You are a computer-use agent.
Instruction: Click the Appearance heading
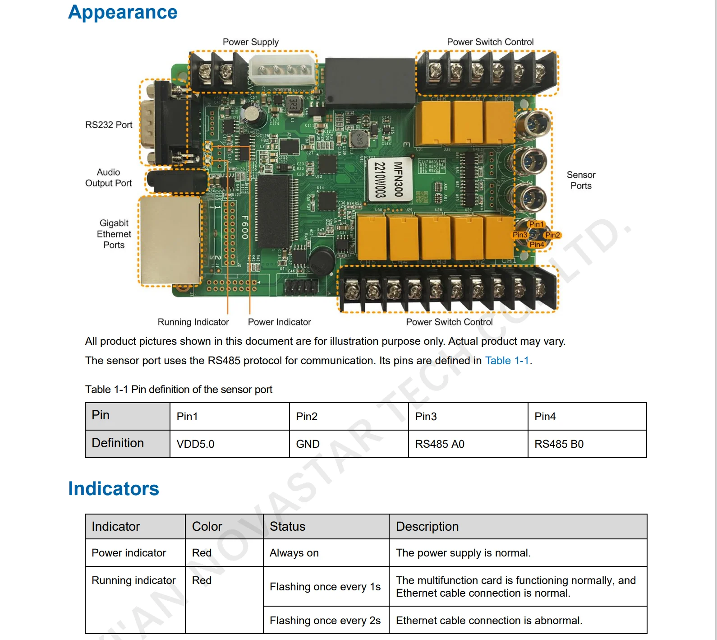[123, 12]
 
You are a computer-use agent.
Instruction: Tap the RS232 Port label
[109, 125]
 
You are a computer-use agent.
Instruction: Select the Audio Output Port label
[108, 178]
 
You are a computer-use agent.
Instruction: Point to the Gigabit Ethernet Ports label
[114, 234]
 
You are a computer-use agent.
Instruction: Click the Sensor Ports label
[581, 180]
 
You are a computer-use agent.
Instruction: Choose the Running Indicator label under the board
[193, 322]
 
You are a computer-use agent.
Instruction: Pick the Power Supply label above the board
[250, 42]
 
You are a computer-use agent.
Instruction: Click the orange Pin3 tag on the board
[519, 235]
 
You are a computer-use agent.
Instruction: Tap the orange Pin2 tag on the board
[552, 235]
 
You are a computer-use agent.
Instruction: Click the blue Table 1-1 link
[507, 361]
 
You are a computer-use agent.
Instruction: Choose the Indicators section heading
[114, 489]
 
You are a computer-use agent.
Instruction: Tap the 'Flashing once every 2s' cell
[325, 621]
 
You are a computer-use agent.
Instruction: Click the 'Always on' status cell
[294, 553]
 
